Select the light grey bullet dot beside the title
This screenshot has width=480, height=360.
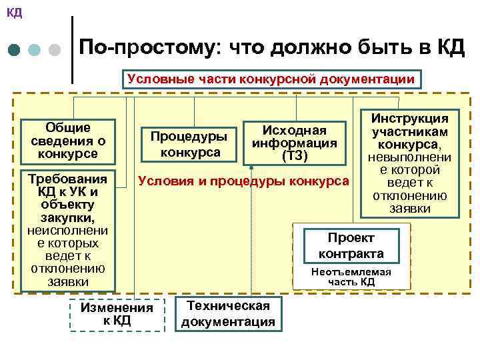pos(55,50)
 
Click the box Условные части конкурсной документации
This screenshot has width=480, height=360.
pos(271,79)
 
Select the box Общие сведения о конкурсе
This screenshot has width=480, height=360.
pos(68,141)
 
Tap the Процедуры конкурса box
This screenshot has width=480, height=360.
pos(189,144)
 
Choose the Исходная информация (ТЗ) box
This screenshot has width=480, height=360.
pos(294,142)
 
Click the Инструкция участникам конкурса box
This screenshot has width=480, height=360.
pos(409,163)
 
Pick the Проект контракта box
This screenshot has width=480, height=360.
pos(351,246)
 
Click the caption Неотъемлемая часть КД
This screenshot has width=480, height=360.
pos(351,277)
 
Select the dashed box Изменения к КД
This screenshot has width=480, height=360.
pos(117,314)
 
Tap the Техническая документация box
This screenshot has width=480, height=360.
pos(228,314)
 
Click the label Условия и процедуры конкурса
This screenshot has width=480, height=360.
pos(243,181)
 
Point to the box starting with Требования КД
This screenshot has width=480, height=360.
pos(68,231)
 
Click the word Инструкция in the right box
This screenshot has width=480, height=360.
pos(409,118)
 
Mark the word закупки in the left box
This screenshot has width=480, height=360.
pos(68,218)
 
